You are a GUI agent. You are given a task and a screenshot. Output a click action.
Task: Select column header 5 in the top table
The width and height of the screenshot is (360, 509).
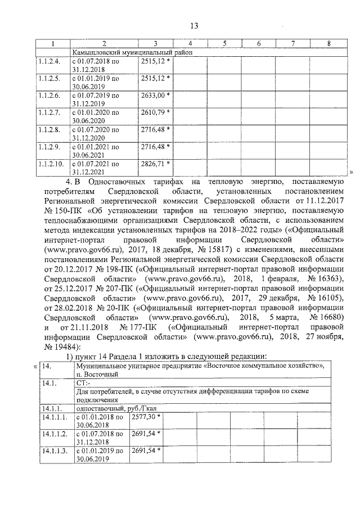pos(224,44)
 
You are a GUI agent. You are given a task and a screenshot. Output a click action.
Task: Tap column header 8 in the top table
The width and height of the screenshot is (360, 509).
pos(328,44)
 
